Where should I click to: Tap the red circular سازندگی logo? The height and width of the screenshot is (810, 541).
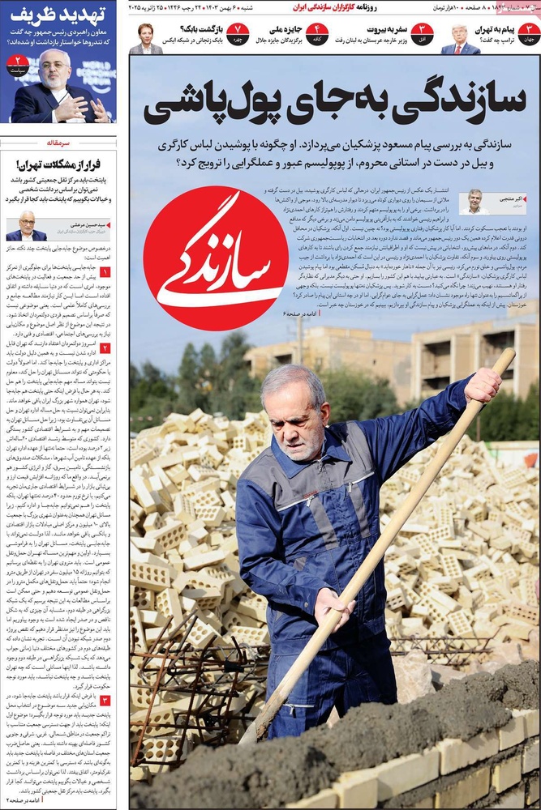point(216,258)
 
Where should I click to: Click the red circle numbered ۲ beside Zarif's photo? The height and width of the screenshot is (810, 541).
point(17,63)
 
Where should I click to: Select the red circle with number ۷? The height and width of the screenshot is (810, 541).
point(237,34)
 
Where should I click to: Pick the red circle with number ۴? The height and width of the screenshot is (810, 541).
point(317,34)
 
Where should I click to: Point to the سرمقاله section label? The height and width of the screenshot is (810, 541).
point(59,142)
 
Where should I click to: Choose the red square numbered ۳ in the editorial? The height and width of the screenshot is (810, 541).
point(105,700)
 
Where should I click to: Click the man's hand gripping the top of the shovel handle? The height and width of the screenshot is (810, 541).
point(483,384)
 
